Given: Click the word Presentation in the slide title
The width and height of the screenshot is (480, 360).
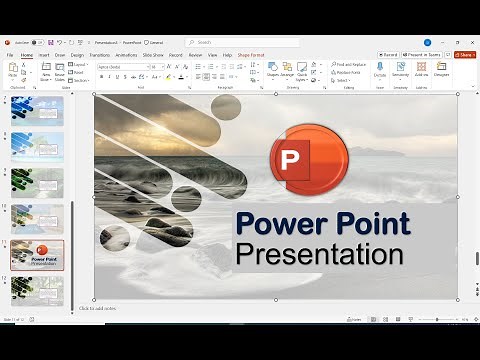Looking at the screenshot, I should pyautogui.click(x=320, y=253).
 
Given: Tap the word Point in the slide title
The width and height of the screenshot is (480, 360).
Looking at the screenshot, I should pyautogui.click(x=371, y=224).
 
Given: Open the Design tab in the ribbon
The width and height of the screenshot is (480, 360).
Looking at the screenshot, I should pyautogui.click(x=78, y=55).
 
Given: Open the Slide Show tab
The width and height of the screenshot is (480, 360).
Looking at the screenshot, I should pyautogui.click(x=153, y=55).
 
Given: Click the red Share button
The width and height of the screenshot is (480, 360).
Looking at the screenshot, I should pyautogui.click(x=464, y=55).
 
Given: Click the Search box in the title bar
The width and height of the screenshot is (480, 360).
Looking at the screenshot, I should pyautogui.click(x=230, y=42).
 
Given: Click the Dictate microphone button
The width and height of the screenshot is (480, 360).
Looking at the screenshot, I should pyautogui.click(x=380, y=70).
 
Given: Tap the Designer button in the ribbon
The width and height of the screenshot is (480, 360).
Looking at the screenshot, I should pyautogui.click(x=441, y=70).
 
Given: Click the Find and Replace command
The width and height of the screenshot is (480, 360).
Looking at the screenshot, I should pyautogui.click(x=347, y=63).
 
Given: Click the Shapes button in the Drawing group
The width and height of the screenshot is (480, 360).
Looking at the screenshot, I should pyautogui.click(x=273, y=69).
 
